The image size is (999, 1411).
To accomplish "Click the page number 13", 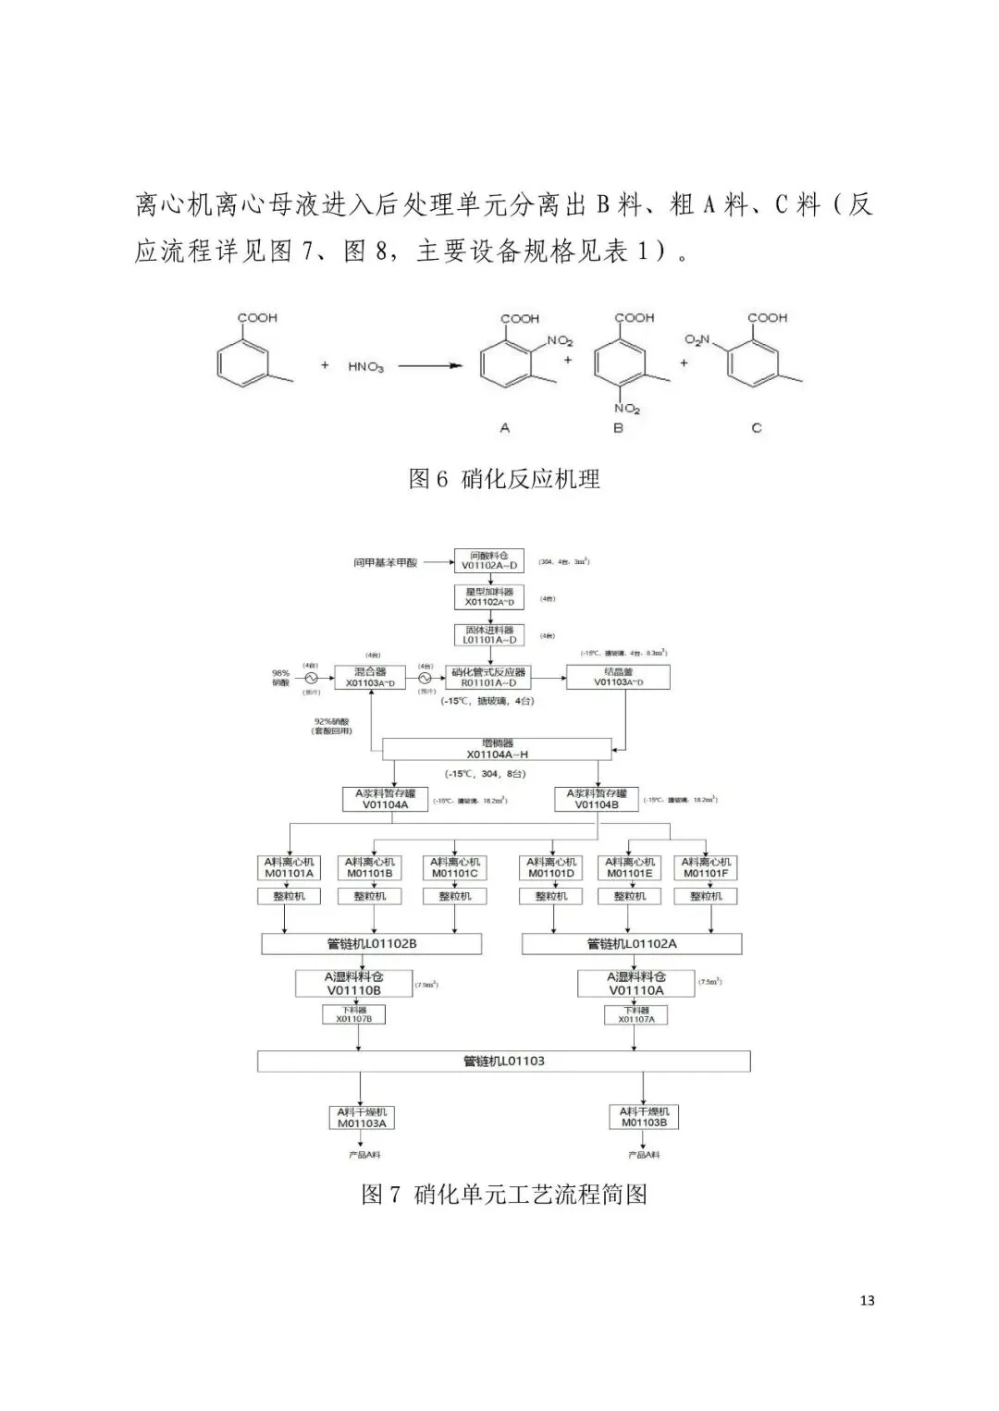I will (x=867, y=1300).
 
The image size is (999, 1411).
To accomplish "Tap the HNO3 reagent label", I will (x=365, y=366).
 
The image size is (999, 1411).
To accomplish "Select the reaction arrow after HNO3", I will (x=430, y=366).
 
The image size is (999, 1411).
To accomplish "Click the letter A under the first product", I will (x=504, y=428).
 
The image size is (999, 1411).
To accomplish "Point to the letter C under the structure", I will (x=757, y=428).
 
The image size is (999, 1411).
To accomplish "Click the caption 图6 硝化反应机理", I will (x=504, y=479).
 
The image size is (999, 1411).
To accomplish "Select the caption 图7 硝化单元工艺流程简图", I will (x=504, y=1194).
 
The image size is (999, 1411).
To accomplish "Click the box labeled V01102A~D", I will (x=489, y=560).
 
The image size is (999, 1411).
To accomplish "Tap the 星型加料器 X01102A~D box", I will (x=489, y=596).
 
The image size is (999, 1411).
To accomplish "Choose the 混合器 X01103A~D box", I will (x=369, y=678).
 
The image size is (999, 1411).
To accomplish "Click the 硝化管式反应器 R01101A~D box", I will (x=488, y=678).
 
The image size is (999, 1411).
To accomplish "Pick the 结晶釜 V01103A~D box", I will (x=618, y=678).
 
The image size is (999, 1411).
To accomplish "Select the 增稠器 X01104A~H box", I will (x=498, y=749).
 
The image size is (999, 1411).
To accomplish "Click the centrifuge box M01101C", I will (x=454, y=867).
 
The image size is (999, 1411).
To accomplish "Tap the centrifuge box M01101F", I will (x=706, y=867).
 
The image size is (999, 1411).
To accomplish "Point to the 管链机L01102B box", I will (x=372, y=944).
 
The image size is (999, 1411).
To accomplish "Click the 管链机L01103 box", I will (x=504, y=1061).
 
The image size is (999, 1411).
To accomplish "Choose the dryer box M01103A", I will (x=362, y=1117).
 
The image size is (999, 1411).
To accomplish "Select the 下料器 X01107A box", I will (x=636, y=1014).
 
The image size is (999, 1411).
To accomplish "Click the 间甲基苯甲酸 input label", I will (x=386, y=562).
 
